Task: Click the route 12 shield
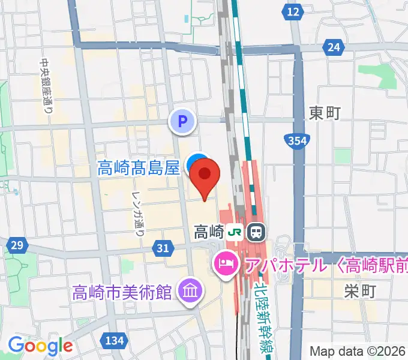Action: [293, 11]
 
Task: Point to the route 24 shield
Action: [334, 46]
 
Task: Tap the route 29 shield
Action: [17, 245]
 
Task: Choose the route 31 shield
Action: [161, 247]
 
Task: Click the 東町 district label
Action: [325, 112]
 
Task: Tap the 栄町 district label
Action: [360, 292]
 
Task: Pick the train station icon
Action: [256, 230]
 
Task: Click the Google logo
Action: [40, 345]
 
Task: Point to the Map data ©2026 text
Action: [358, 351]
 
